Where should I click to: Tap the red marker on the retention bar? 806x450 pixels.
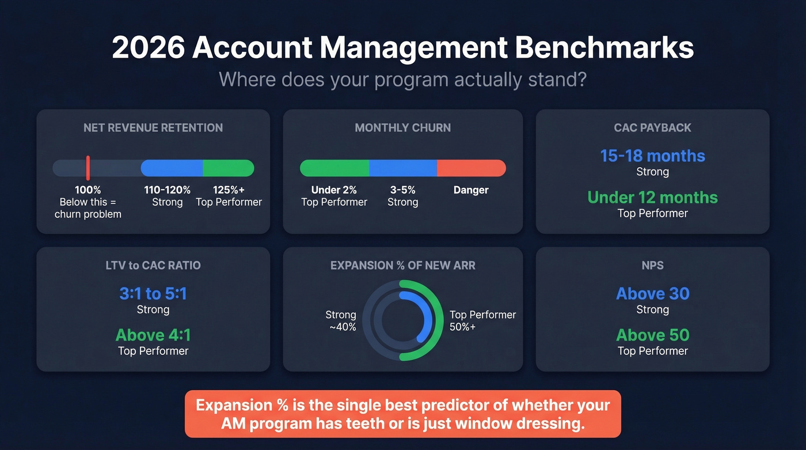88,168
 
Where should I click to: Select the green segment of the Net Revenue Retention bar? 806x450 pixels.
228,168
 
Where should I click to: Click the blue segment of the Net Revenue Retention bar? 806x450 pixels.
172,168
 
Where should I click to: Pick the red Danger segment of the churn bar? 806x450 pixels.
471,168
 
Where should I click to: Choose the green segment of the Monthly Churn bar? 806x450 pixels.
334,168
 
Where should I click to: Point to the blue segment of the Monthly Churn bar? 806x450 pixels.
403,168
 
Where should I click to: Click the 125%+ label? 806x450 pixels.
229,190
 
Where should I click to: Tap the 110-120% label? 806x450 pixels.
167,190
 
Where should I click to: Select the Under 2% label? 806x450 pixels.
334,190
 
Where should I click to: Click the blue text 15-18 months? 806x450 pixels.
652,156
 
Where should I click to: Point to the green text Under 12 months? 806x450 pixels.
652,198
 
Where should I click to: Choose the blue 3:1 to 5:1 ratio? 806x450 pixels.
153,294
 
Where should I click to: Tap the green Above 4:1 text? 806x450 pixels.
153,335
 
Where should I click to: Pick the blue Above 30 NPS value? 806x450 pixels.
652,294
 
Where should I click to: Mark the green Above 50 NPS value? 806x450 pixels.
652,335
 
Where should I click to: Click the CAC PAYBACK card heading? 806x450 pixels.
652,128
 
